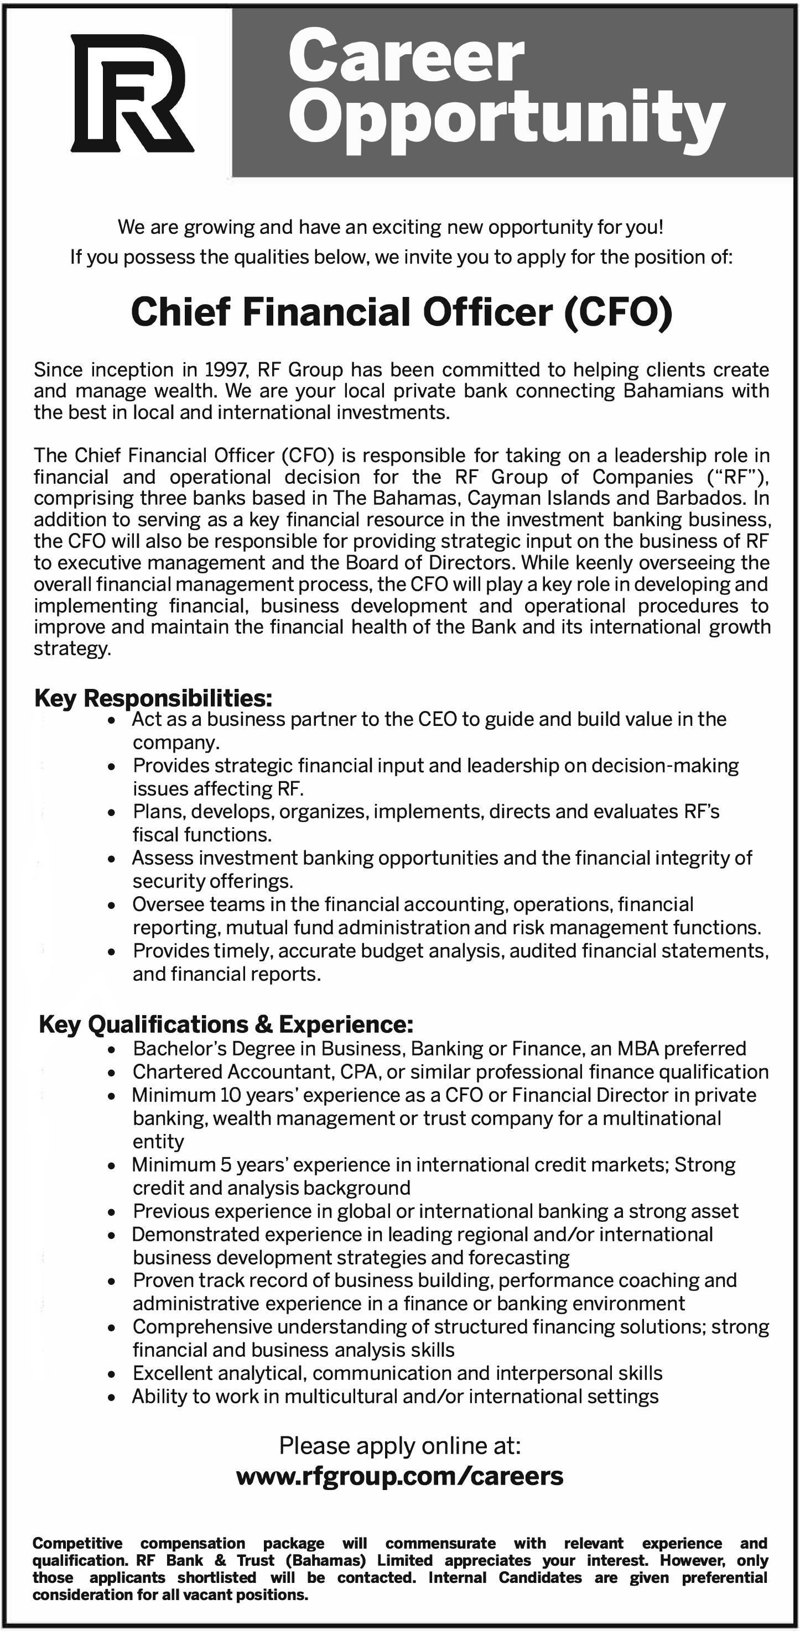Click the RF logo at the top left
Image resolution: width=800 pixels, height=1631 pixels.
coord(132,93)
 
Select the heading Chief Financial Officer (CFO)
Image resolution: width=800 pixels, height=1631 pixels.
coord(401,312)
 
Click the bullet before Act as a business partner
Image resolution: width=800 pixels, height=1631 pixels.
coord(112,720)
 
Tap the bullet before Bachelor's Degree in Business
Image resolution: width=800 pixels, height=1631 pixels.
coord(112,1050)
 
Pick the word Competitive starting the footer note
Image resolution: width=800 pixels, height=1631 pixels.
coord(77,1543)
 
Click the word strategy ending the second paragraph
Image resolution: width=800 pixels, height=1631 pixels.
coord(71,649)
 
